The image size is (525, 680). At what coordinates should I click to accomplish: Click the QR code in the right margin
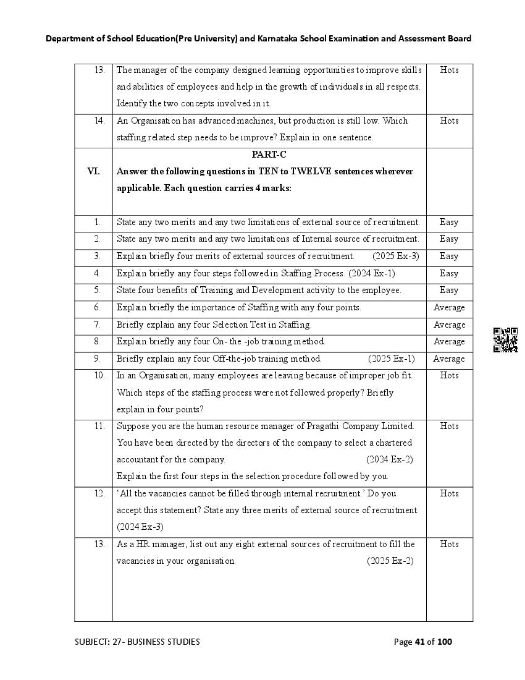(505, 340)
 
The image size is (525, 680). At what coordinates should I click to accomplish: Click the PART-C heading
(269, 155)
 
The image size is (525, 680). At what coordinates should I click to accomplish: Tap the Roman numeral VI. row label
(93, 171)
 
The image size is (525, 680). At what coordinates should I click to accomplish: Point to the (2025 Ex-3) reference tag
(395, 256)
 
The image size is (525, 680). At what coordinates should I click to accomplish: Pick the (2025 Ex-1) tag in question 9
(391, 359)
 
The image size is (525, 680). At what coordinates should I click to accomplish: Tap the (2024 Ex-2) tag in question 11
(389, 459)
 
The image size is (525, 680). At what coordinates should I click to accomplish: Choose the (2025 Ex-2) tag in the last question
(390, 561)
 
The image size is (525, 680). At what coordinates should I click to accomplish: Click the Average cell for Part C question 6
(449, 307)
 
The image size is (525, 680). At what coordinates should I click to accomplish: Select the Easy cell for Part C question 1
(449, 222)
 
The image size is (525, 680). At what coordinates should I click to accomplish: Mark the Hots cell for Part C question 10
(449, 375)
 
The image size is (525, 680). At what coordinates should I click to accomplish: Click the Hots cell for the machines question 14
(449, 121)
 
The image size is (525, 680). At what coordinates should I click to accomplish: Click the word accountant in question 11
(138, 459)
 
